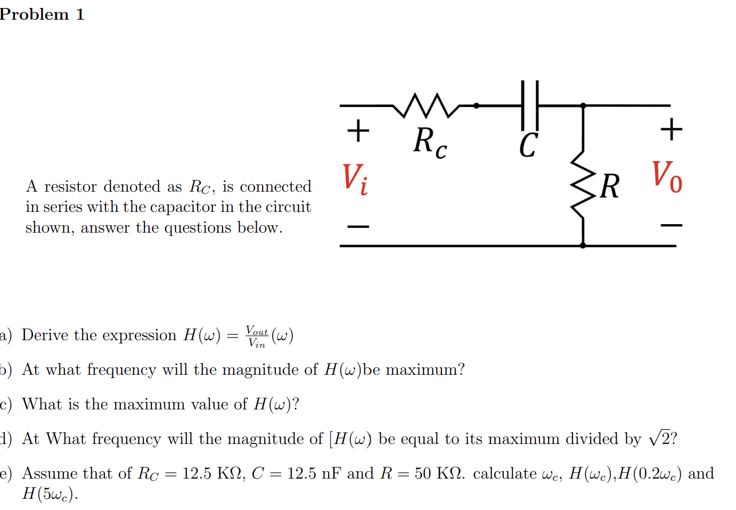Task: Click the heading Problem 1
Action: pos(42,14)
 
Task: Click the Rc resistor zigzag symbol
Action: pos(426,105)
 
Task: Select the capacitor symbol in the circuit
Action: pos(530,105)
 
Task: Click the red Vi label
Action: pos(355,179)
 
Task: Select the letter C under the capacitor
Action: pos(528,145)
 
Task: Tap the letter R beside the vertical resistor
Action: pos(610,187)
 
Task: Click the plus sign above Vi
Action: pos(358,130)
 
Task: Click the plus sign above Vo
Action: pos(671,129)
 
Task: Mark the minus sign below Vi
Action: pos(358,227)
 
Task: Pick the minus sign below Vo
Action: pos(671,226)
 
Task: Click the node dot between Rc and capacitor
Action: pos(476,105)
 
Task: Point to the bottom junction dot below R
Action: pos(583,245)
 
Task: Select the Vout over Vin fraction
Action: pos(257,336)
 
